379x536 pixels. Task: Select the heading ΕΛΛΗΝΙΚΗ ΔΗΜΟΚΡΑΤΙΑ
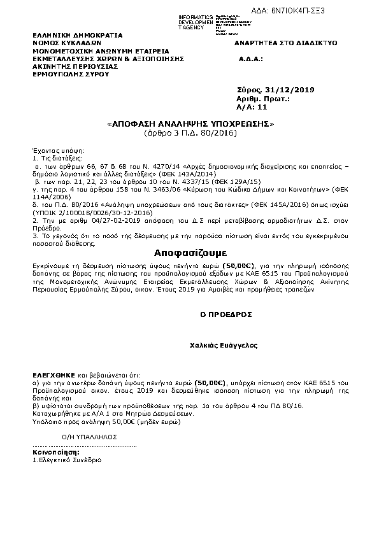point(78,36)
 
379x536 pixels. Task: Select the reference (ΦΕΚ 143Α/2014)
point(191,173)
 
